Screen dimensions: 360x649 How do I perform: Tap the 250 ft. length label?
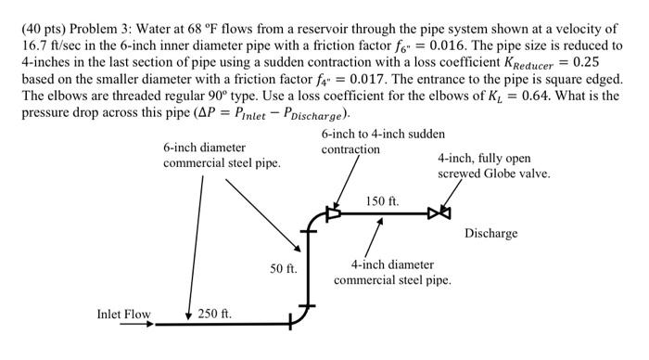point(214,314)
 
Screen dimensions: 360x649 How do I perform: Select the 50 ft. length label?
point(283,269)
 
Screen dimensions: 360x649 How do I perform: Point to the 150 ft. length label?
point(382,200)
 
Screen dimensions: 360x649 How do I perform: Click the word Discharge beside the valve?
point(490,233)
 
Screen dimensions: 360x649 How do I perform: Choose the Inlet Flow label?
point(123,315)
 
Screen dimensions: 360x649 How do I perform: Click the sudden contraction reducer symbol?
point(332,212)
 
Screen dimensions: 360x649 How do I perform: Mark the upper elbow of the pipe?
point(311,219)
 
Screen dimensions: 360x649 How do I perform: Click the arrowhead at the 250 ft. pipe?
point(188,316)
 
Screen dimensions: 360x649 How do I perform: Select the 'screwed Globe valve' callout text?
point(493,174)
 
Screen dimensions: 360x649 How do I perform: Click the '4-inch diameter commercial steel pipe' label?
point(392,272)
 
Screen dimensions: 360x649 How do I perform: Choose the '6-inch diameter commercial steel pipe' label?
point(222,155)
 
